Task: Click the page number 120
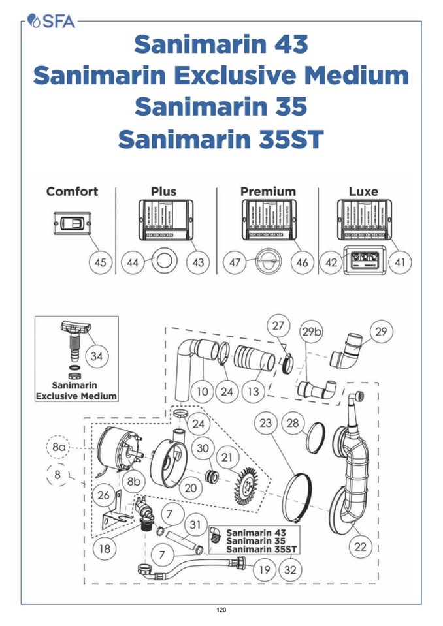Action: (221, 610)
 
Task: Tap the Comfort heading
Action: (72, 191)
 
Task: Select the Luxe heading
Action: (363, 191)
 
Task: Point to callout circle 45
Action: (100, 262)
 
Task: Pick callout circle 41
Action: (400, 262)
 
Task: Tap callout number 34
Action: (97, 357)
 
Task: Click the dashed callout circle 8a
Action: (59, 447)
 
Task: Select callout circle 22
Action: (361, 546)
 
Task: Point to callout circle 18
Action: (105, 549)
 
